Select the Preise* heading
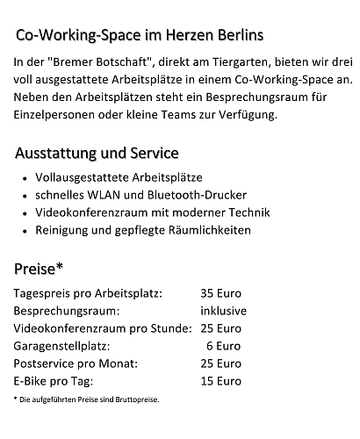(x=38, y=268)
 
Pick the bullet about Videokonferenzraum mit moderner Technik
(x=152, y=212)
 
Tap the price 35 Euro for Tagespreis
(x=220, y=293)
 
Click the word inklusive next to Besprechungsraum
(x=223, y=311)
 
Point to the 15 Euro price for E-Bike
(x=220, y=381)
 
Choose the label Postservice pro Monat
(x=75, y=363)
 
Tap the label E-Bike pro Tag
(x=54, y=381)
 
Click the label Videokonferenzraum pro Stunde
(x=103, y=328)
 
